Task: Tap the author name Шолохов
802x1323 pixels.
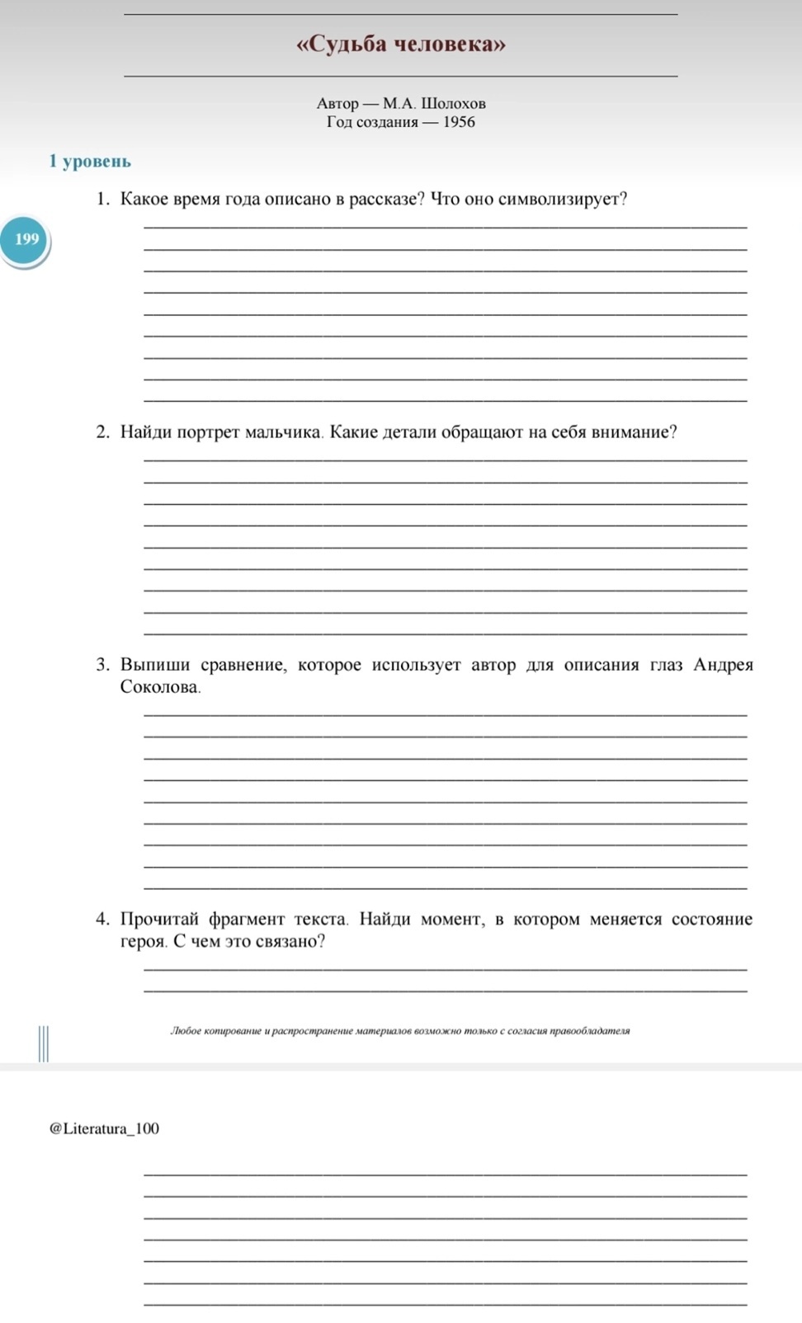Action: tap(453, 104)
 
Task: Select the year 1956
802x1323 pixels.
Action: tap(459, 122)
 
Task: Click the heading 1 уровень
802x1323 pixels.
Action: tap(90, 162)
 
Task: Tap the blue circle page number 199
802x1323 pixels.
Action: tap(26, 239)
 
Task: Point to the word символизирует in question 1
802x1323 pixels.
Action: tap(563, 200)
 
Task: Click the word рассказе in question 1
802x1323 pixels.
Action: tap(386, 200)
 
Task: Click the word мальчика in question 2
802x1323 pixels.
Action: tap(284, 432)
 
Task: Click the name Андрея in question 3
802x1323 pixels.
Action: tap(723, 665)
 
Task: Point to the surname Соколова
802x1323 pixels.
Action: tap(160, 687)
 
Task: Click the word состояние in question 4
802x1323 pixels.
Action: tap(711, 919)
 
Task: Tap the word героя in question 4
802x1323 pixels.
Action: tap(144, 942)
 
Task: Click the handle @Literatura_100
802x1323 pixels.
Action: tap(105, 1128)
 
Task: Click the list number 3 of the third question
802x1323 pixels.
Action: tap(102, 665)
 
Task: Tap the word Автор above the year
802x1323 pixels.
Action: tap(337, 104)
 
